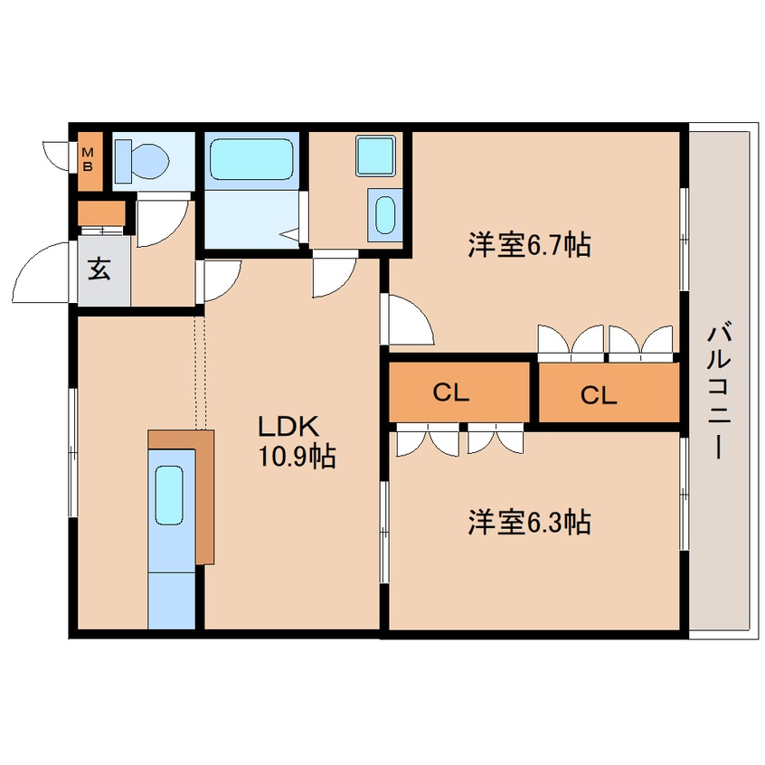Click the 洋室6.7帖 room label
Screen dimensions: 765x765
(x=529, y=245)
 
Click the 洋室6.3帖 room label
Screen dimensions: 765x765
(x=529, y=522)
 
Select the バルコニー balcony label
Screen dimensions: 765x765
(x=720, y=389)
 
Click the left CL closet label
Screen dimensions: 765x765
(x=449, y=392)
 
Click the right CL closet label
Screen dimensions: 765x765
(x=598, y=394)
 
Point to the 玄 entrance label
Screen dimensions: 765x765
(x=99, y=269)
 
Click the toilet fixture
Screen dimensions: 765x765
(x=146, y=159)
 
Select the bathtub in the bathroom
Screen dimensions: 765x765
(x=252, y=159)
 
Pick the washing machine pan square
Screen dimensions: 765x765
(x=374, y=156)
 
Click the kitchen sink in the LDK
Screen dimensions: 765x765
(x=169, y=495)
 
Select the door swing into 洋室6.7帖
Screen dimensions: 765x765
(x=409, y=321)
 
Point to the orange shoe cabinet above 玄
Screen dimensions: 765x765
(x=100, y=214)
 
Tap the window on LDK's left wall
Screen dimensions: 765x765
(x=73, y=453)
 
